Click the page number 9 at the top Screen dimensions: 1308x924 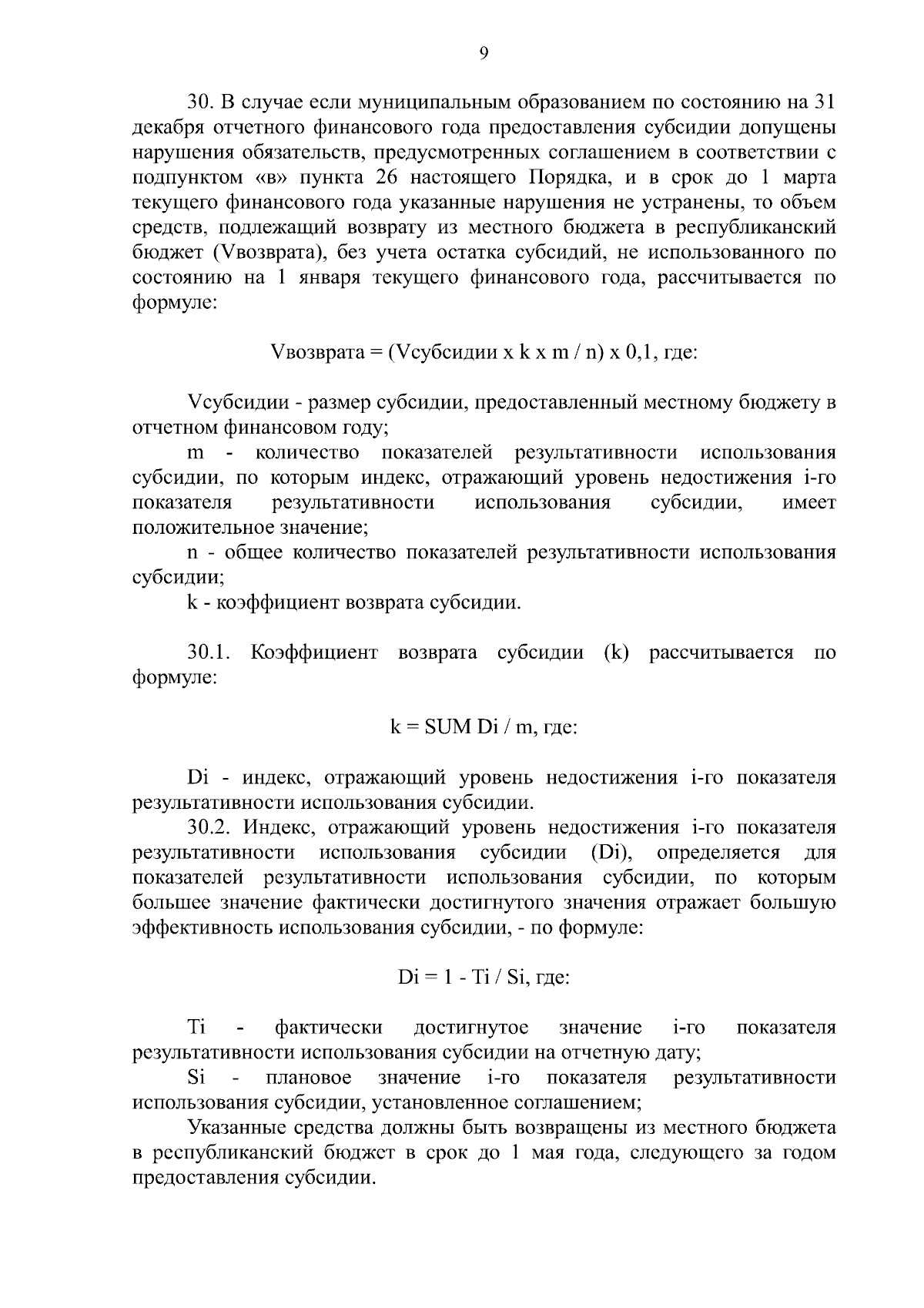tap(483, 53)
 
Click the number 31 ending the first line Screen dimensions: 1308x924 tap(824, 102)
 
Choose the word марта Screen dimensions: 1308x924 tap(809, 178)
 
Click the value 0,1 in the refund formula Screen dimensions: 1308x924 tap(639, 353)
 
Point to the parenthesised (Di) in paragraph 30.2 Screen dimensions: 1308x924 tap(611, 854)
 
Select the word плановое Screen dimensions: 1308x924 tap(307, 1077)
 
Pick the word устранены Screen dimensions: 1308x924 tap(660, 203)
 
